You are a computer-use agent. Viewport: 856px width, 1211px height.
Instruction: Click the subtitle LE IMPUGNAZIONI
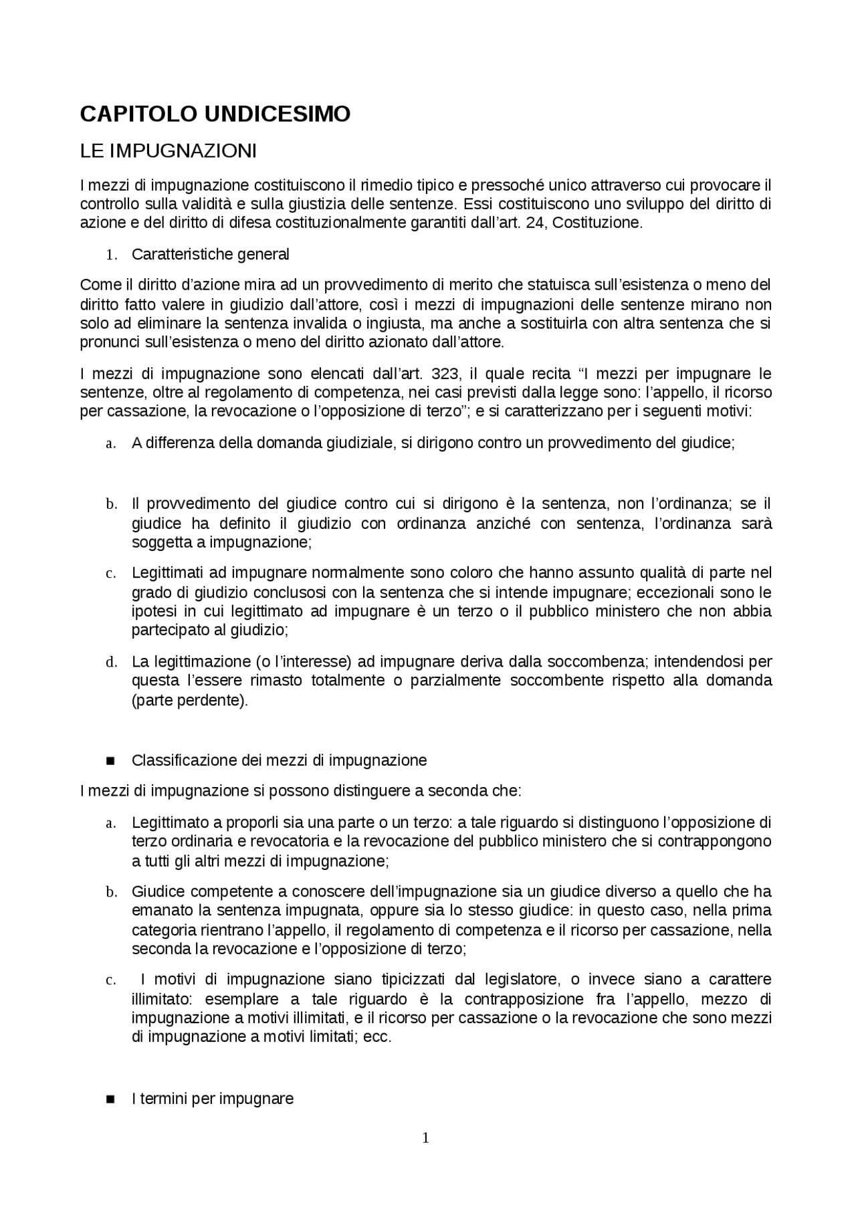click(x=168, y=151)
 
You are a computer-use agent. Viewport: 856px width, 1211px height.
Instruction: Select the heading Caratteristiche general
click(x=211, y=255)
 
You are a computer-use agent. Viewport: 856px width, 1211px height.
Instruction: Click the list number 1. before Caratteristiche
click(x=112, y=255)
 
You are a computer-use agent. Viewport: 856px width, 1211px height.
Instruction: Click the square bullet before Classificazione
click(x=111, y=761)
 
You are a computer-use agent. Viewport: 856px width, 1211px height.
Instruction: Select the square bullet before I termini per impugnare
click(x=111, y=1099)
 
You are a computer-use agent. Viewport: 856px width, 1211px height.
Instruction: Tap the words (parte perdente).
click(x=189, y=701)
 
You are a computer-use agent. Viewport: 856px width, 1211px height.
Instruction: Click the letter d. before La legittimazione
click(x=111, y=663)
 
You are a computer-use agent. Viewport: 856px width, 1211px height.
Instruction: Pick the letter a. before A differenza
click(x=111, y=443)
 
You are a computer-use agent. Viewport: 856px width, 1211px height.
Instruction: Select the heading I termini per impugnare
click(x=213, y=1099)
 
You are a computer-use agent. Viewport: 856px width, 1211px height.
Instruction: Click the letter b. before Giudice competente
click(x=111, y=892)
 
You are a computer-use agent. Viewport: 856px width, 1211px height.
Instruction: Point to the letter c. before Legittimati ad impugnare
click(x=111, y=573)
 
